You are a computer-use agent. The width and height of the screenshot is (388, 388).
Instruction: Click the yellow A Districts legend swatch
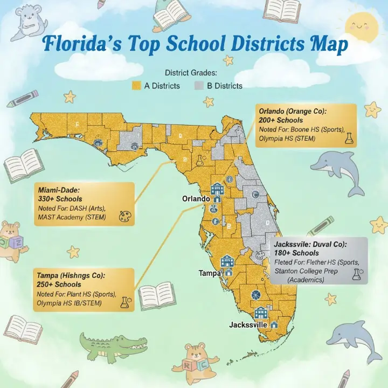(136, 86)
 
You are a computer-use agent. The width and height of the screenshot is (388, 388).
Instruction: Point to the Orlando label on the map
(196, 199)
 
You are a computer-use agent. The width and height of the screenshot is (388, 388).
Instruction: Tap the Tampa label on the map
(210, 273)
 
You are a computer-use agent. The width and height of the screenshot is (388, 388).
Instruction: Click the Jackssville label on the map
(248, 325)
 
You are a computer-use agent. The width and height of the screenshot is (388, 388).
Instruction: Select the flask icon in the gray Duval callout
(357, 274)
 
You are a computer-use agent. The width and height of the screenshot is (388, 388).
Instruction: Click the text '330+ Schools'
(60, 199)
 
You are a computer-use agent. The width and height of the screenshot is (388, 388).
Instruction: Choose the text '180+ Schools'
(296, 253)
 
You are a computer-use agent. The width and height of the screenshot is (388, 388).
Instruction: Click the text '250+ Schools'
(59, 284)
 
